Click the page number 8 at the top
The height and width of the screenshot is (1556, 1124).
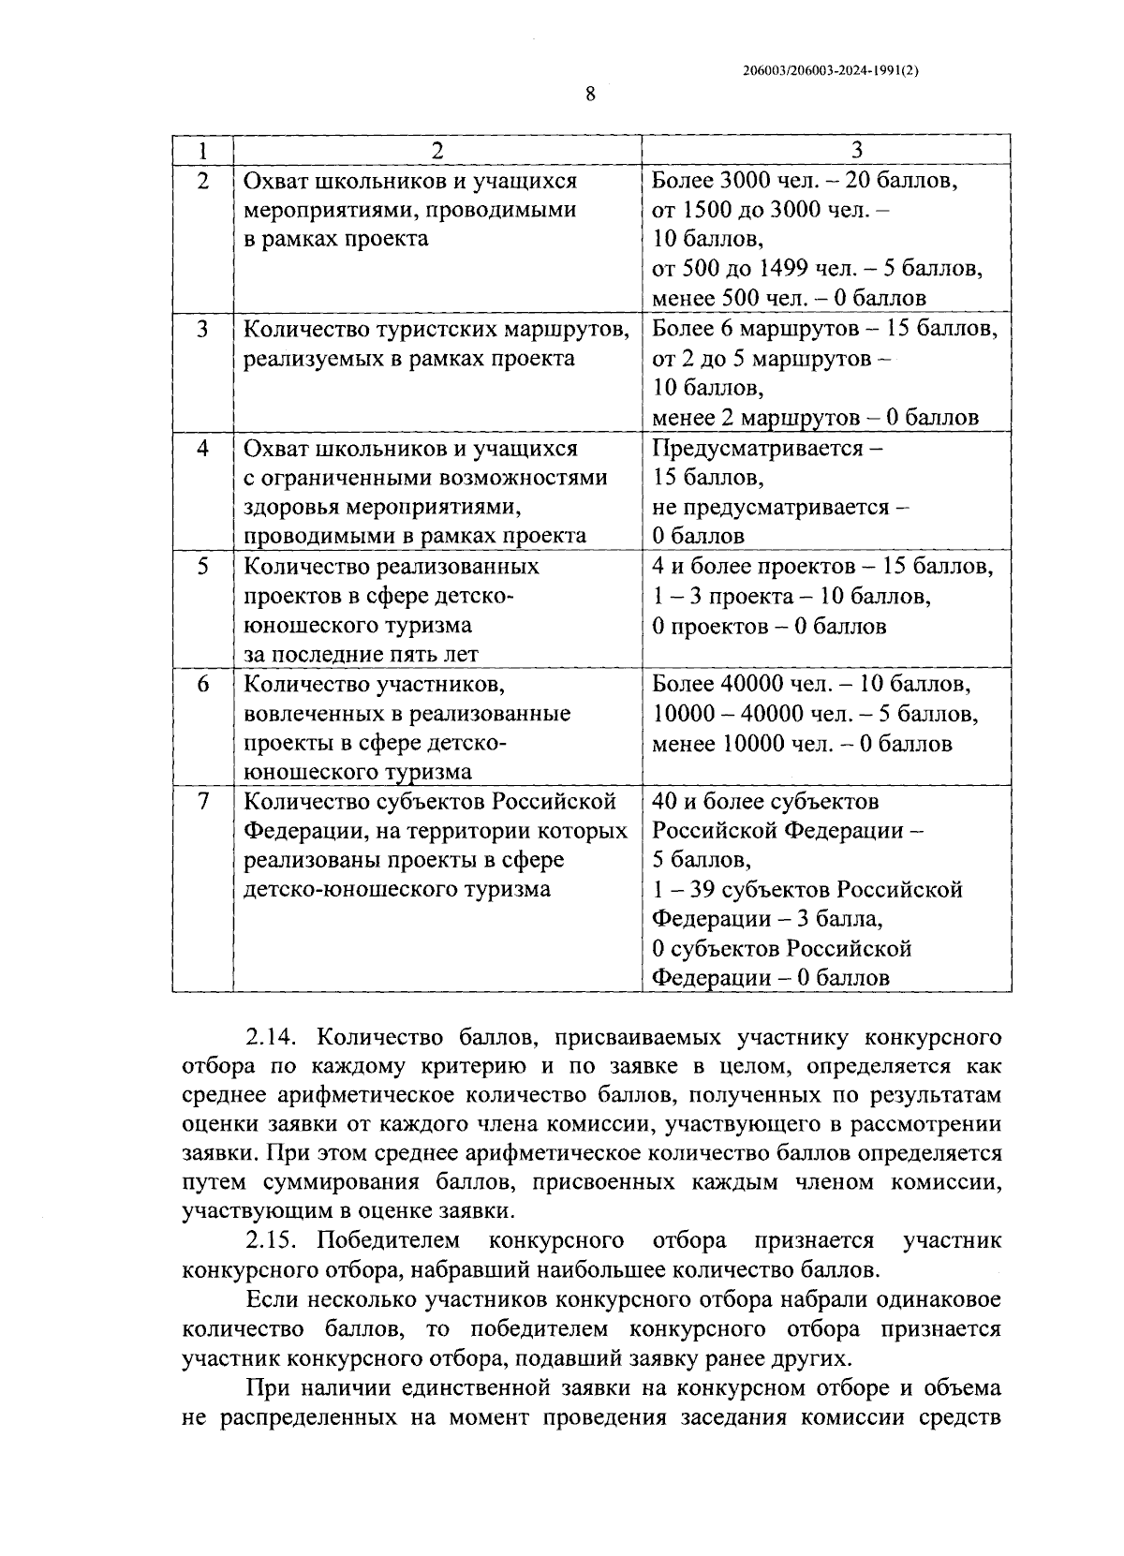(x=590, y=95)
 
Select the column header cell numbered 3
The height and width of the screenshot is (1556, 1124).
(x=856, y=151)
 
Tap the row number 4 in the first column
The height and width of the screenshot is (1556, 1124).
(x=203, y=448)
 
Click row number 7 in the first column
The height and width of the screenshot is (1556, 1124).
(x=203, y=802)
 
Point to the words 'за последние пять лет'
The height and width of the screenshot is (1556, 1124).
(x=361, y=655)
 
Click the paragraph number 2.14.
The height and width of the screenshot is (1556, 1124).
(x=271, y=1038)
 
